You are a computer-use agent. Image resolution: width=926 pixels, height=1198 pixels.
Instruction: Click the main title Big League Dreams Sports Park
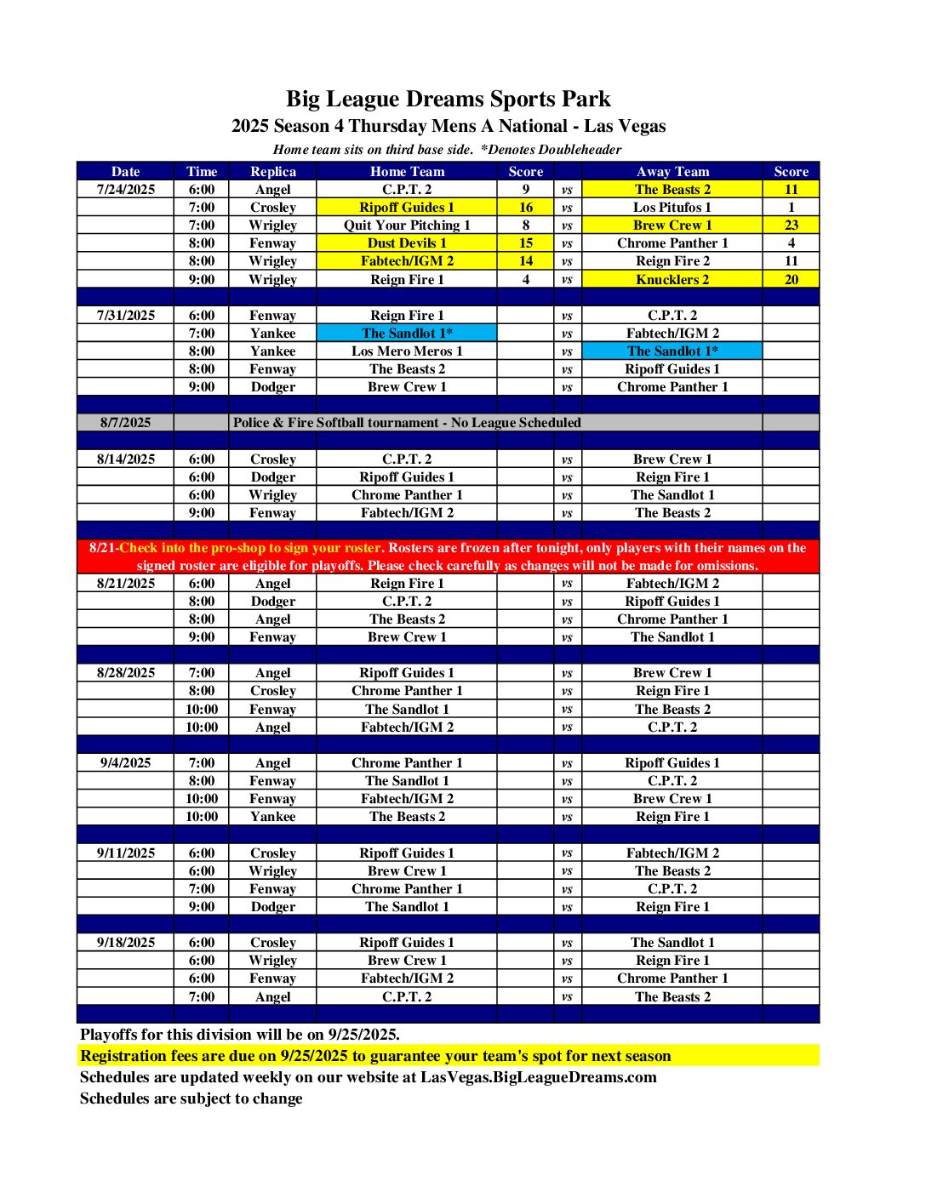(448, 100)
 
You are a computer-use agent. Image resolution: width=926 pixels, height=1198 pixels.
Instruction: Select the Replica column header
(272, 171)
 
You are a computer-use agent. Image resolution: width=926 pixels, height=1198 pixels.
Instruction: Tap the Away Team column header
(672, 171)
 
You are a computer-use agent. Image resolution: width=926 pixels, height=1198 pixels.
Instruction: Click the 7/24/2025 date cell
(126, 190)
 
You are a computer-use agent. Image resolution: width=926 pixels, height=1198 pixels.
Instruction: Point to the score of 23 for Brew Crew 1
(791, 225)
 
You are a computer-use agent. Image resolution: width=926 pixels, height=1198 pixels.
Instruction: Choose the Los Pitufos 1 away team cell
(672, 208)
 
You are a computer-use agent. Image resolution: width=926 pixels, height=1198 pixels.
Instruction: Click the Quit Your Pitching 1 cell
(407, 225)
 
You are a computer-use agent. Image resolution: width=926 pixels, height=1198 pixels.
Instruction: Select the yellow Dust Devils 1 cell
(407, 243)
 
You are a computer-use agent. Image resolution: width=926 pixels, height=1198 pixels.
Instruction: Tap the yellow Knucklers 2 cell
(672, 279)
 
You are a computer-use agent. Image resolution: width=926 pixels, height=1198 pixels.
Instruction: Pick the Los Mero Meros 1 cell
(407, 351)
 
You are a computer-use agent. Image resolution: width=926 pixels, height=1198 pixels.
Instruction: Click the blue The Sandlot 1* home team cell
(407, 334)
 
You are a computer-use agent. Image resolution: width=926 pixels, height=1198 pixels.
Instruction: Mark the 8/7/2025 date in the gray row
(126, 423)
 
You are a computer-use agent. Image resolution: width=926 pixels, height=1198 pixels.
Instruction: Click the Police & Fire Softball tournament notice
(407, 423)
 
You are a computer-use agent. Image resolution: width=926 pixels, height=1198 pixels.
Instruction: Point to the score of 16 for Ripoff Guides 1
(526, 208)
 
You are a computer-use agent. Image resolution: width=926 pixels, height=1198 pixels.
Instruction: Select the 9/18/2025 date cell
(126, 943)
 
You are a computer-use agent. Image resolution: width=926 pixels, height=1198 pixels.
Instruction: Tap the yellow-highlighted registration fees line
(375, 1056)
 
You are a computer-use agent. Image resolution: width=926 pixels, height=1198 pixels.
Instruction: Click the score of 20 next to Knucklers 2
(791, 279)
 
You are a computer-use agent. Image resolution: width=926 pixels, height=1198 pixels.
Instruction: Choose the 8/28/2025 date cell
(126, 673)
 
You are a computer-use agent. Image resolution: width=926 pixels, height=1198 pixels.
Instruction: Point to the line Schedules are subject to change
(191, 1098)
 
